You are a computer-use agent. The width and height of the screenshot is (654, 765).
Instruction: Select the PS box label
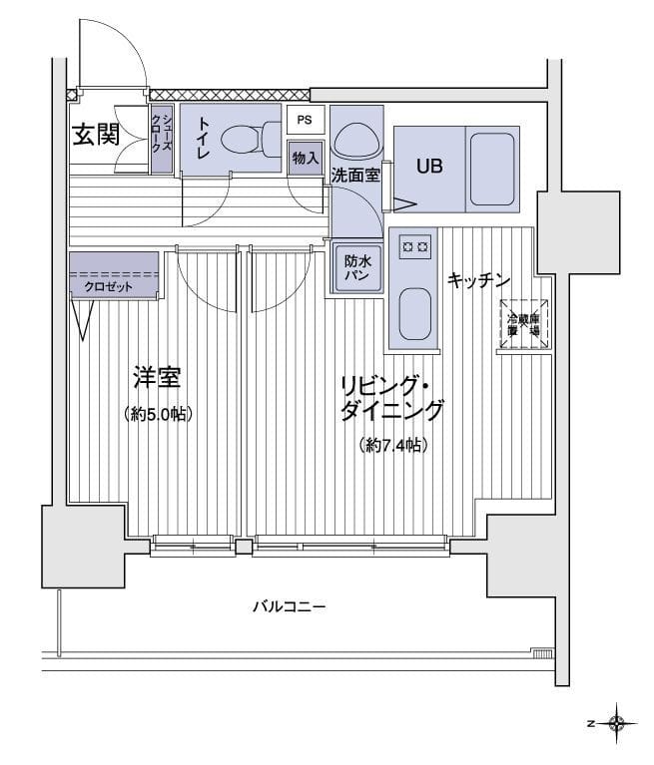305,120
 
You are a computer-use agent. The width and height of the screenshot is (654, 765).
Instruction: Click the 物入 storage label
306,158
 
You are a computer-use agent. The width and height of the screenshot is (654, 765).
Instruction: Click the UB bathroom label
430,167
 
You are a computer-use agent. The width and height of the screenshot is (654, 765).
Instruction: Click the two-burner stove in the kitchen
414,245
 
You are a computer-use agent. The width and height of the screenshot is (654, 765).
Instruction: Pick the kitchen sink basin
413,314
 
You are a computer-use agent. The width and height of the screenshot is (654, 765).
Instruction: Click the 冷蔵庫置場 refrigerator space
523,323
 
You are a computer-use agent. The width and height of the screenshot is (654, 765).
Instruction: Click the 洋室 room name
157,378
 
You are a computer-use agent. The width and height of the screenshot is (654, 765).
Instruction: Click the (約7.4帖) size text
393,446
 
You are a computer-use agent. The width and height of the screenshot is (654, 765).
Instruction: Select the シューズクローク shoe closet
162,140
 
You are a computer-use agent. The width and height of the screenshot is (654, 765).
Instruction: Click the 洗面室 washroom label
355,175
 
